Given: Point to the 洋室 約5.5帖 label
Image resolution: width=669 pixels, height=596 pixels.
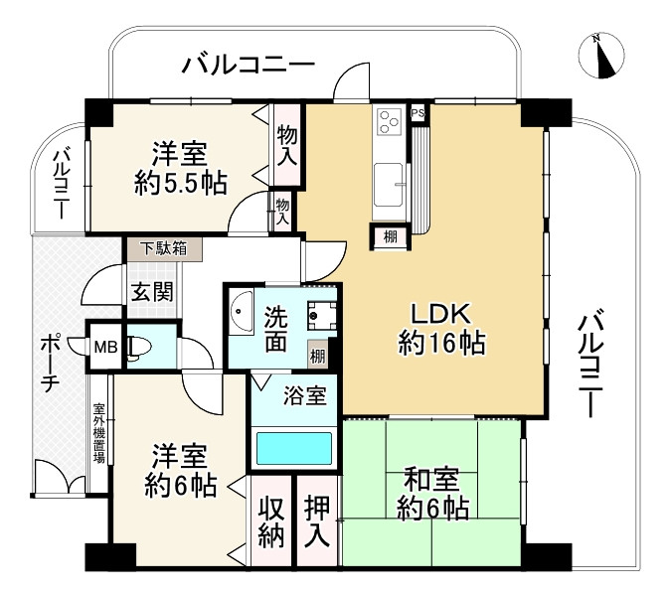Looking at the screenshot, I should [x=179, y=168].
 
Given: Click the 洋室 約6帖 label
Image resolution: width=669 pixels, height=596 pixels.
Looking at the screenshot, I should [x=179, y=472].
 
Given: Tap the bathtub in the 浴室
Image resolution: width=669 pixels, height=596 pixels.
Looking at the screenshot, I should [x=294, y=448].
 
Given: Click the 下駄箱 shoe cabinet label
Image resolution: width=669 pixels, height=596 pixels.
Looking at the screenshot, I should [x=156, y=248].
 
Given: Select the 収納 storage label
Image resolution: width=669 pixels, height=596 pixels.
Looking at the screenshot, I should [x=273, y=520].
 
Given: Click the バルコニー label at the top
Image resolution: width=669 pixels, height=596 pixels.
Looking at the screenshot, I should [x=248, y=67].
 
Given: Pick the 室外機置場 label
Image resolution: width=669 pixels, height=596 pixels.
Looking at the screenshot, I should [x=99, y=434].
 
